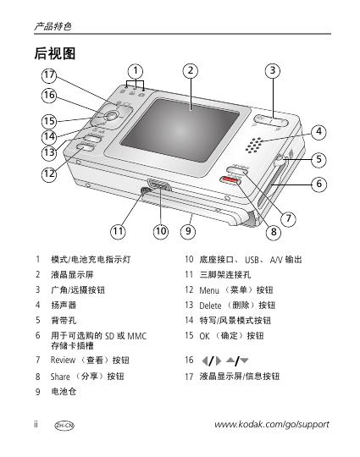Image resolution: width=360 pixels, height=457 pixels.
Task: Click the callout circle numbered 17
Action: point(49,75)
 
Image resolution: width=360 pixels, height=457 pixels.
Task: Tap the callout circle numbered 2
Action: point(191,70)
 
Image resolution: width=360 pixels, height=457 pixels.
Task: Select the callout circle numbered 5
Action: point(318,159)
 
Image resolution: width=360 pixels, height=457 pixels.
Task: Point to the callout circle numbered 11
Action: point(118,231)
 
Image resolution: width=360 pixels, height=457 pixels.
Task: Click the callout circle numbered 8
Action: point(274,232)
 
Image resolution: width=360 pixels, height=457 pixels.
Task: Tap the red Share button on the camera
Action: point(230,181)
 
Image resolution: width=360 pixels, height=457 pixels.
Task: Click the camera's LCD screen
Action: point(180,129)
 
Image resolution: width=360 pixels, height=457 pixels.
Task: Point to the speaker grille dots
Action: point(254,145)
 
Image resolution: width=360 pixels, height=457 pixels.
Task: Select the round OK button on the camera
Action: point(111,116)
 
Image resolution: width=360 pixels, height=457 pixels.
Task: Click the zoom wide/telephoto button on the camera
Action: point(271,121)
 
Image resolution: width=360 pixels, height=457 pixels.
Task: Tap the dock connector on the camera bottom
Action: point(159,185)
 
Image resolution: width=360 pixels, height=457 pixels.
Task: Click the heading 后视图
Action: point(55,53)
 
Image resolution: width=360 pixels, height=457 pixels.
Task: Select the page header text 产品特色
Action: point(53,26)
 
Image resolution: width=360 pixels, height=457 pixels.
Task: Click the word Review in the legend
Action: point(63,361)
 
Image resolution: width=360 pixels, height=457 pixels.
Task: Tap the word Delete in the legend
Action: point(210,306)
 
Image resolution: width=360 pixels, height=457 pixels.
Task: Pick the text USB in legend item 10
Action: point(252,260)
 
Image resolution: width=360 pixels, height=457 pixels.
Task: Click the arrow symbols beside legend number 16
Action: point(224,361)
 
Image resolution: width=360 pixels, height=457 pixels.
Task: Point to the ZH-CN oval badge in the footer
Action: point(64,426)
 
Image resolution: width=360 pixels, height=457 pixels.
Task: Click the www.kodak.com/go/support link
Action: point(272,425)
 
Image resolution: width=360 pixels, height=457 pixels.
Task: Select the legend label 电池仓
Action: point(64,392)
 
